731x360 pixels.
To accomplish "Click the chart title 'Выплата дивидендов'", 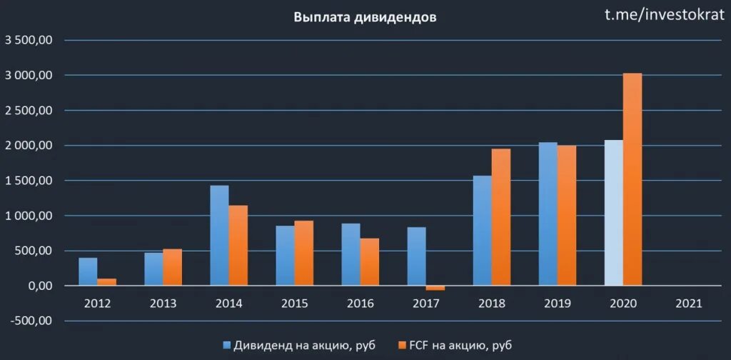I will (365, 18).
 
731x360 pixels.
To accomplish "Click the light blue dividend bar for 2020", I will (613, 213).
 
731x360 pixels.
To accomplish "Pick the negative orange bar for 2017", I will (435, 288).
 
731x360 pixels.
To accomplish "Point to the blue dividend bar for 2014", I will (219, 236).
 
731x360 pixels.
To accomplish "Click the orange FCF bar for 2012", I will (107, 282).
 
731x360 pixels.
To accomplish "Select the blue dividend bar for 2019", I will (548, 214).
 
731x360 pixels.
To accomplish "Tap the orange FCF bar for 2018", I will (501, 217).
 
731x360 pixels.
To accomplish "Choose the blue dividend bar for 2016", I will (351, 254).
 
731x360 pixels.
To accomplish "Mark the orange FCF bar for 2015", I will (304, 254).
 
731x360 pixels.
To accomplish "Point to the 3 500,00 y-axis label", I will (29, 41).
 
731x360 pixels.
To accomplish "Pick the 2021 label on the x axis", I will (689, 304).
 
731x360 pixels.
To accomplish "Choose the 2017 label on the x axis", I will (426, 304).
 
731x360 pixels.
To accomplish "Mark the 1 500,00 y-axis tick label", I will (29, 181).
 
